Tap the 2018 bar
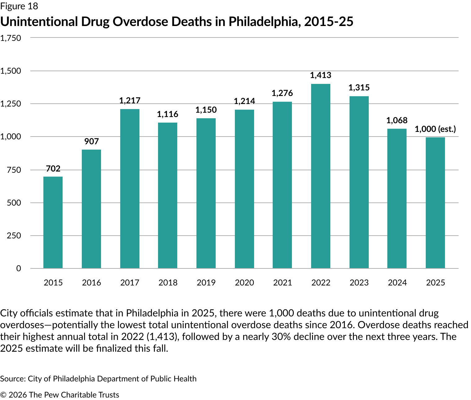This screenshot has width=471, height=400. (x=168, y=195)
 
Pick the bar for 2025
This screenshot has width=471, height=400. (x=435, y=203)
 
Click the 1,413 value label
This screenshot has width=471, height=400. (x=321, y=75)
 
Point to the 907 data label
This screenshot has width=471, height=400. (x=91, y=141)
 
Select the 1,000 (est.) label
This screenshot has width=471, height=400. (x=435, y=129)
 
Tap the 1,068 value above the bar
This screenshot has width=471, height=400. (x=397, y=120)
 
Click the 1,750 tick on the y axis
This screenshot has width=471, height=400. (x=11, y=38)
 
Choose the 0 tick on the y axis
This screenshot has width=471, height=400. (x=19, y=268)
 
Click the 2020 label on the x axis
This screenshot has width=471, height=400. (x=244, y=283)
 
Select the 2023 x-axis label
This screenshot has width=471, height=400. (x=359, y=283)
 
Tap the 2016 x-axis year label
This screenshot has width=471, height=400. (x=91, y=283)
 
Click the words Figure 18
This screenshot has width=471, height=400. (x=19, y=6)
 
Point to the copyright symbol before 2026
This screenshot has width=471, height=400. (x=3, y=395)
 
